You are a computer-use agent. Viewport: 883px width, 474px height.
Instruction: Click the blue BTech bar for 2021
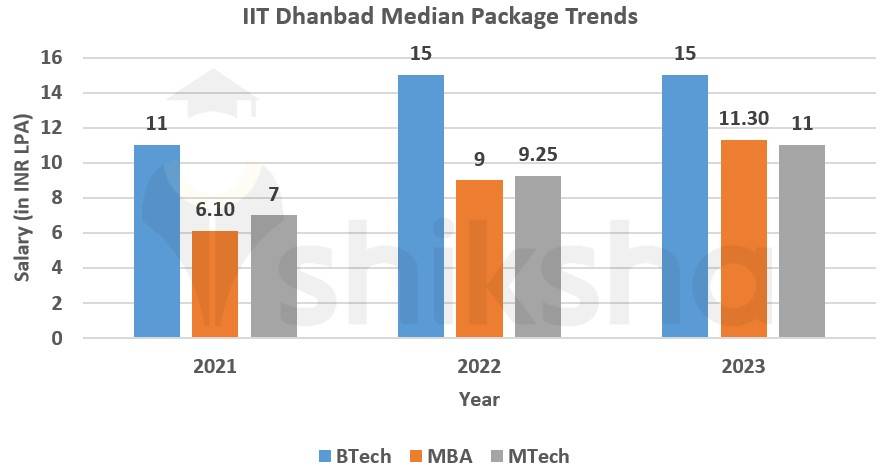pos(156,241)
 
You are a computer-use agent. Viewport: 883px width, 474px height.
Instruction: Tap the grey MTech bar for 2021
pos(273,276)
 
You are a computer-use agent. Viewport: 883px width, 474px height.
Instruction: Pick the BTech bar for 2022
pos(421,206)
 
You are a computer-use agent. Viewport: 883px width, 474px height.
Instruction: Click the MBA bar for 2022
pos(480,258)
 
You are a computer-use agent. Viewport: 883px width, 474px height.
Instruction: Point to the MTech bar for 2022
pos(538,256)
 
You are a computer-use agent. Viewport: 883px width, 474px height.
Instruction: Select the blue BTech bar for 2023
pos(685,206)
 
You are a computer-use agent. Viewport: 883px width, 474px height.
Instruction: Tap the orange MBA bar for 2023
pos(744,238)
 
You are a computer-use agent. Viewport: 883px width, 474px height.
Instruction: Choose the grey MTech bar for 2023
pos(802,241)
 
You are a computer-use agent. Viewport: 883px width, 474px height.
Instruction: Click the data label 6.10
pos(215,211)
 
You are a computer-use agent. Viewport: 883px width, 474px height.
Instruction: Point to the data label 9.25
pos(538,156)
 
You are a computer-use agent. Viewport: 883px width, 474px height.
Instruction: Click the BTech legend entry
pos(354,456)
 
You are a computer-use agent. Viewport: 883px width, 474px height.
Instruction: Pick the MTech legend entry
pos(529,456)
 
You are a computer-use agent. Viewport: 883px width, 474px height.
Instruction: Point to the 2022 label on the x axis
pos(479,366)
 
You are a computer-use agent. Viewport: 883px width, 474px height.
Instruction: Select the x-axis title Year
pos(479,399)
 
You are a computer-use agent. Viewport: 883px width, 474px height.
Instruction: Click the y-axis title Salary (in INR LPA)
pos(22,198)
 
